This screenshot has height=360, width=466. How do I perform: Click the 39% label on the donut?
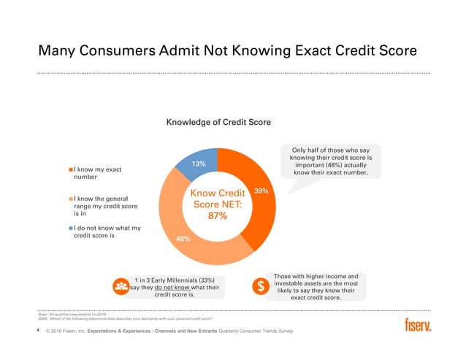coord(261,191)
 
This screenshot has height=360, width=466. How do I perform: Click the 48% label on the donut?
coord(184,239)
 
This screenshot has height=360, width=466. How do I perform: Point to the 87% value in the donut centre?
coord(216,216)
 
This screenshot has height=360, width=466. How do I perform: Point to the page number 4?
coord(37,331)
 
